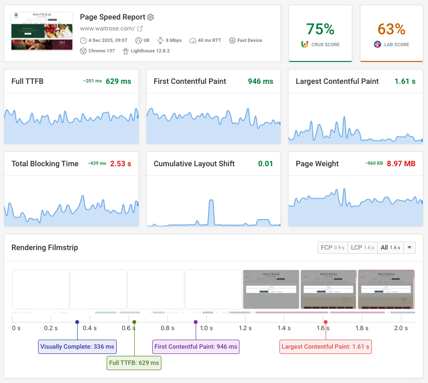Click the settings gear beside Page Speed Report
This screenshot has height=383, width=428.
coord(150,17)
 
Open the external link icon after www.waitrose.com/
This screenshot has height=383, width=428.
coord(140,29)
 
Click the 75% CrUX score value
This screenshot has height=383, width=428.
coord(320,29)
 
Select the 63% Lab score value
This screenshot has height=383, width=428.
coord(391,29)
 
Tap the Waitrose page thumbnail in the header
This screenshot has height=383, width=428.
coord(42,31)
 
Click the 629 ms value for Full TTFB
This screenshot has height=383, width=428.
coord(118,81)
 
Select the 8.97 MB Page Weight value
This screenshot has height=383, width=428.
coord(401,164)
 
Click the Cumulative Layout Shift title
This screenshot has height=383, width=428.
coord(194,164)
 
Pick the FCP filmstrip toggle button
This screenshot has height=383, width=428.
coord(332,248)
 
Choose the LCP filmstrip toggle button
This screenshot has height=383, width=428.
coord(362,248)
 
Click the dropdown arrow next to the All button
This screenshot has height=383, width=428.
coord(410,248)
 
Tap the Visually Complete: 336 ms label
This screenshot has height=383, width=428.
coord(77,347)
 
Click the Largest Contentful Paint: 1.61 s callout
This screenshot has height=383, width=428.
coord(325,347)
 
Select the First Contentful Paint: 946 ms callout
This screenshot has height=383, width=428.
coord(196,347)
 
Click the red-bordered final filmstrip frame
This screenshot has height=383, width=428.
coord(386,289)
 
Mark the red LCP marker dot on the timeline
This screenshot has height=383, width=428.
coord(326,322)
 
